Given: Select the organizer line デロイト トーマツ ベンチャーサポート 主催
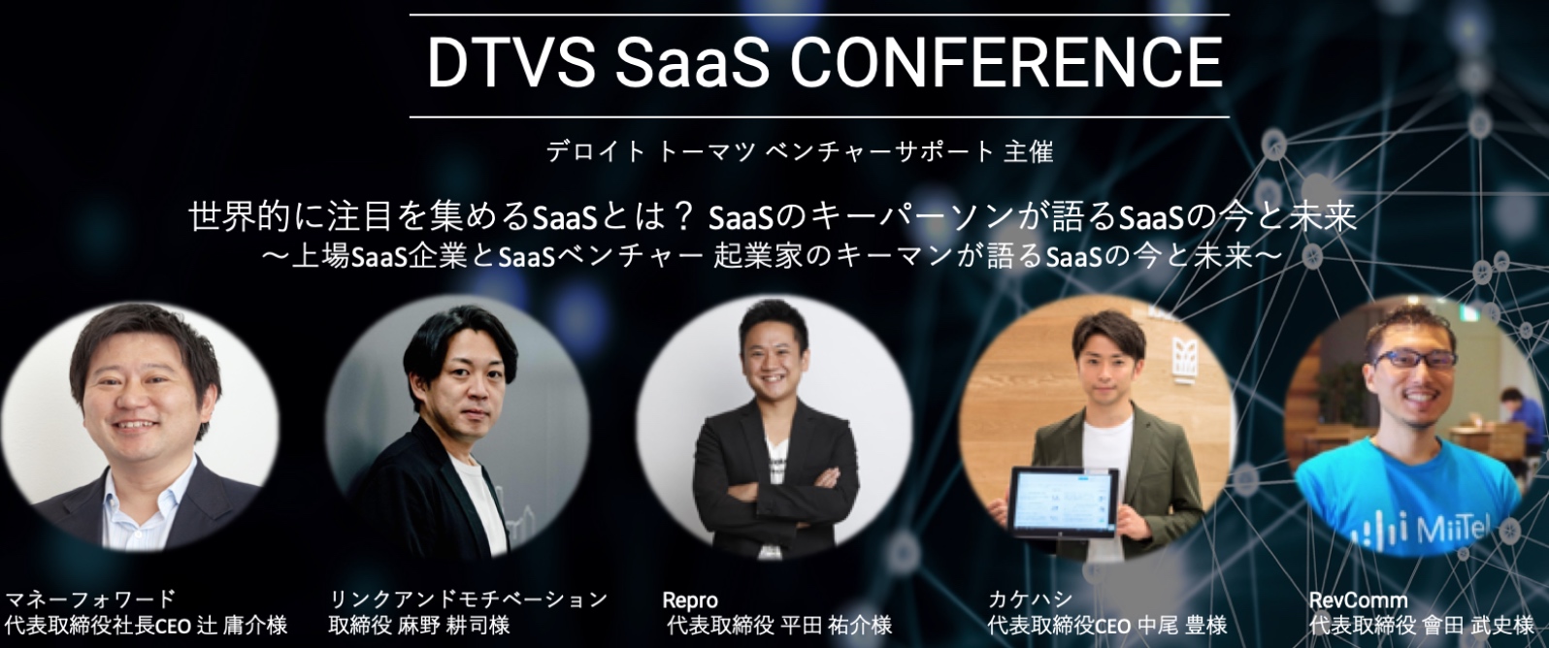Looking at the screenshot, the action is pyautogui.click(x=800, y=151).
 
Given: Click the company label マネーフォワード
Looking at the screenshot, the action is pyautogui.click(x=90, y=599).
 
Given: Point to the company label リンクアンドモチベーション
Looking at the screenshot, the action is pyautogui.click(x=468, y=599).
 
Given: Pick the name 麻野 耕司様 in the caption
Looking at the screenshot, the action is pyautogui.click(x=453, y=626).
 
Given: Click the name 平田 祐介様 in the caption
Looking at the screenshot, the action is pyautogui.click(x=836, y=626).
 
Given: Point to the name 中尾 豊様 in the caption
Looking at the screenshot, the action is pyautogui.click(x=1179, y=626).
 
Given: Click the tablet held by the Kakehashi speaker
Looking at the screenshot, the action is pyautogui.click(x=1066, y=502).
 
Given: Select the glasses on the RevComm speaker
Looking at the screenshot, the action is pyautogui.click(x=1415, y=360).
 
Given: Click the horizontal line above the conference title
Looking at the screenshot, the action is pyautogui.click(x=819, y=14).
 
